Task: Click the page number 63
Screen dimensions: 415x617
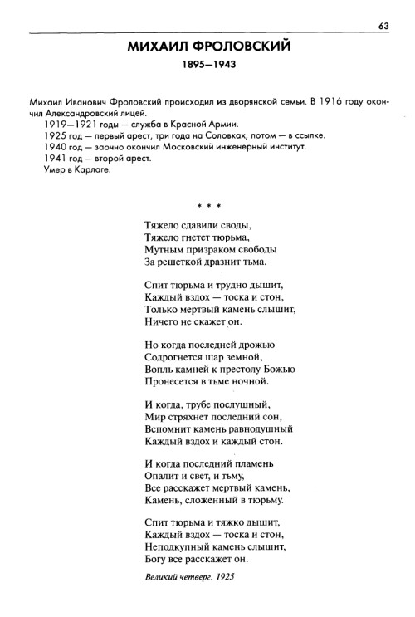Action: point(383,25)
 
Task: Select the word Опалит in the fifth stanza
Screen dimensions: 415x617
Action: point(164,477)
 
